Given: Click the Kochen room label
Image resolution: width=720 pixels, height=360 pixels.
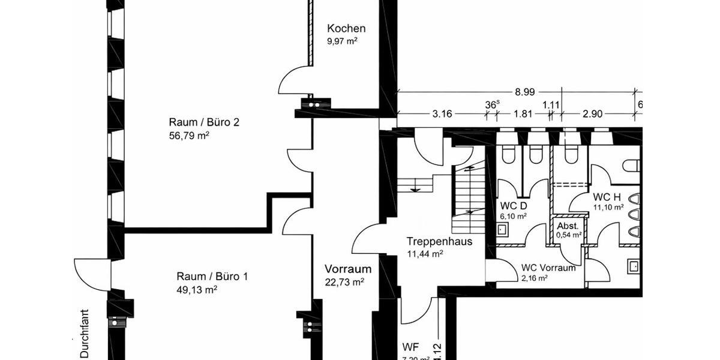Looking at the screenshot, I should pyautogui.click(x=346, y=28).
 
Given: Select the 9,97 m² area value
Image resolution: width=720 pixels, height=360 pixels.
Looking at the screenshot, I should pyautogui.click(x=342, y=41).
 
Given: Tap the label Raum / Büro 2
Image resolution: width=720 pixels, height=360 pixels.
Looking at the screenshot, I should pyautogui.click(x=204, y=122).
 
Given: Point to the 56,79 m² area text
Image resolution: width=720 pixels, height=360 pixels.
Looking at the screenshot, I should pyautogui.click(x=189, y=136).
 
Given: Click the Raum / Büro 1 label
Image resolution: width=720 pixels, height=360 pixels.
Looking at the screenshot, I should pyautogui.click(x=212, y=277).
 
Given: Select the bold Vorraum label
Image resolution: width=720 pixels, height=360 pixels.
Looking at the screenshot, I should pyautogui.click(x=348, y=269).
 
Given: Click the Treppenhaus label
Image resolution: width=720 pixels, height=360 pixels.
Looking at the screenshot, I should pyautogui.click(x=439, y=242).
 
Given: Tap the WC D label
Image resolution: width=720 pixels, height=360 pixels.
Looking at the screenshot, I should pyautogui.click(x=514, y=205).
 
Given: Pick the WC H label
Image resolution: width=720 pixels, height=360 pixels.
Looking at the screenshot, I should pyautogui.click(x=606, y=197).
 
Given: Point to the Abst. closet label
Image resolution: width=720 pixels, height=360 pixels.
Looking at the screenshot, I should pyautogui.click(x=568, y=226).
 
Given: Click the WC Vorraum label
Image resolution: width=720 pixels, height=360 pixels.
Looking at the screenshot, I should pyautogui.click(x=548, y=268).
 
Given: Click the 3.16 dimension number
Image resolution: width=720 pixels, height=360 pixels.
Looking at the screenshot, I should pyautogui.click(x=441, y=113).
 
